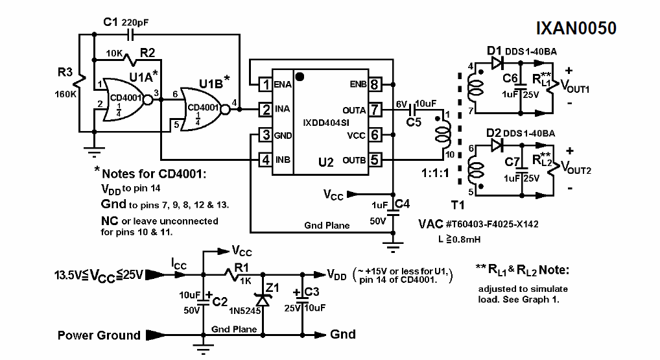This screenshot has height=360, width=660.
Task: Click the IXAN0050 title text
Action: pos(576,29)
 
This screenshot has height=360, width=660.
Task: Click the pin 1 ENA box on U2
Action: pos(265,84)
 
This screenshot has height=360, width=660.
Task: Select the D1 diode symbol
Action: pos(498,64)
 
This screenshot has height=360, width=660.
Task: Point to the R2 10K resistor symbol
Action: pos(136,60)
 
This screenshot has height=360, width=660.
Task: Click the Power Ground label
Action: pos(99,335)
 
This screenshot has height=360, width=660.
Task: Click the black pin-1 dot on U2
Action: pos(300,76)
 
